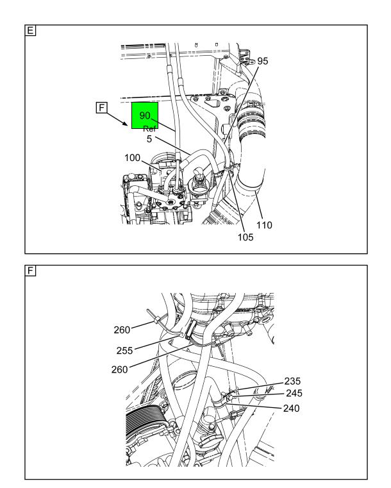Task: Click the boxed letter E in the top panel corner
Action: point(30,31)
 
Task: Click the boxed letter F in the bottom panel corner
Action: point(30,271)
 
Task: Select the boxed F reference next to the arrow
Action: point(101,108)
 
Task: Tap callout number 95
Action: point(263,61)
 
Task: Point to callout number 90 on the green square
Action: point(145,115)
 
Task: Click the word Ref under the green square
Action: point(149,129)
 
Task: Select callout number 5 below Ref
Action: point(149,139)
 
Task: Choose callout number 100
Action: point(132,158)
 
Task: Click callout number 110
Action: point(264,225)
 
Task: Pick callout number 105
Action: point(245,237)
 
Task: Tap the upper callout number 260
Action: point(122,330)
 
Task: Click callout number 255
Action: point(124,351)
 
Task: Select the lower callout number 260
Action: point(119,370)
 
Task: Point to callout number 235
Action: point(292,382)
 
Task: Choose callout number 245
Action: point(294,393)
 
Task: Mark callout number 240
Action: point(291,408)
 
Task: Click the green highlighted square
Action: point(145,115)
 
